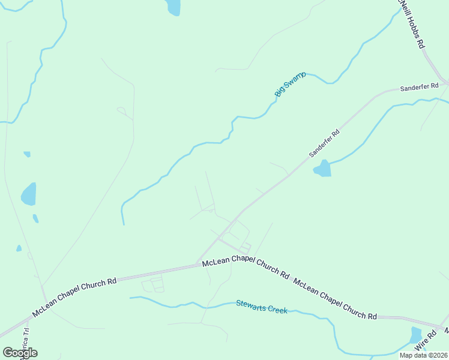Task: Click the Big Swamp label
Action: [291, 84]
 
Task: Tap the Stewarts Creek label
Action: [261, 307]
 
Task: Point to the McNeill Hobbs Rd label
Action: [412, 24]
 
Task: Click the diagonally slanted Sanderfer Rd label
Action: [324, 143]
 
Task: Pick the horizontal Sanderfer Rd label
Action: [416, 88]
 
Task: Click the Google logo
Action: [20, 353]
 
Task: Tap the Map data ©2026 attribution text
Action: [423, 355]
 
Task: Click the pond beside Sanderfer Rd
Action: [322, 169]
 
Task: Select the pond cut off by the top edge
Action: [173, 7]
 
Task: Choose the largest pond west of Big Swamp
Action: [28, 194]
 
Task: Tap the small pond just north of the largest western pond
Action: [27, 154]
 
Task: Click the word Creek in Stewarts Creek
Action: [277, 309]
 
